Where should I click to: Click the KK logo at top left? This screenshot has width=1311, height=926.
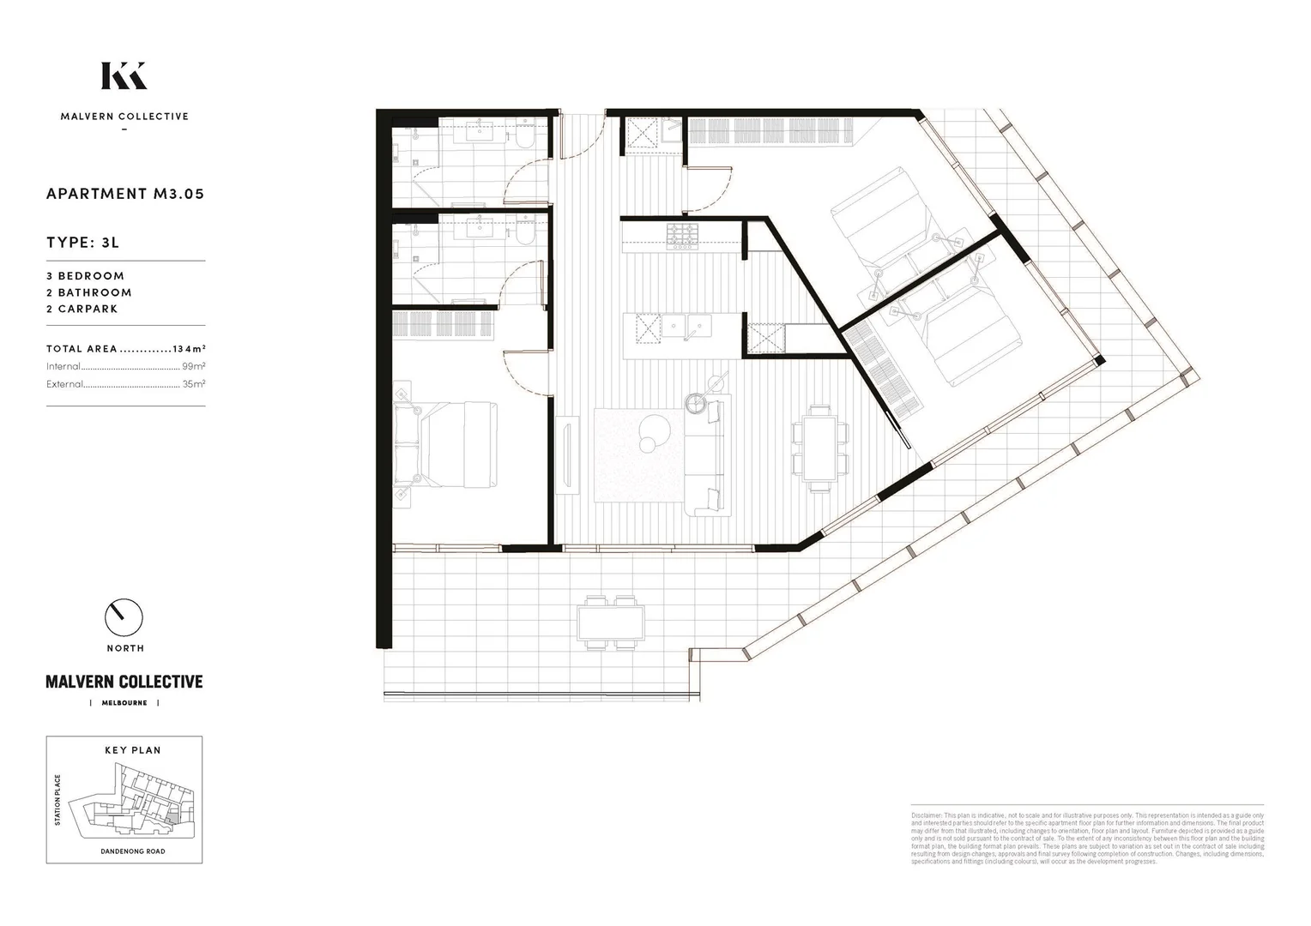(124, 75)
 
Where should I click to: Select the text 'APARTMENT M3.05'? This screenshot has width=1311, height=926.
(125, 194)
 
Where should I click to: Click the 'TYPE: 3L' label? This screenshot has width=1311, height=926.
(82, 243)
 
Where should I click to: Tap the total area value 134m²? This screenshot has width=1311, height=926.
(189, 349)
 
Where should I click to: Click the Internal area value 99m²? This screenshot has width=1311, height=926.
(193, 366)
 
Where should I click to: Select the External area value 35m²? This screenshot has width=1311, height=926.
(193, 384)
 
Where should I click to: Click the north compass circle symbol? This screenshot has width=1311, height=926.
(124, 616)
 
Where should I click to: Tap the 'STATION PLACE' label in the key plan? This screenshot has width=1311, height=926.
(58, 800)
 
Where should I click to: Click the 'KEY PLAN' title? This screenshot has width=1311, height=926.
(133, 750)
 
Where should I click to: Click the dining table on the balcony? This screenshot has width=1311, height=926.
(611, 622)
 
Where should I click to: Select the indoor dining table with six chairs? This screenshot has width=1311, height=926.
(819, 446)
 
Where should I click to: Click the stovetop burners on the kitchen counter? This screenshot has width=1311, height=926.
(683, 234)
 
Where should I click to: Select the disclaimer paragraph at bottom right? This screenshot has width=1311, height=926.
(1087, 837)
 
